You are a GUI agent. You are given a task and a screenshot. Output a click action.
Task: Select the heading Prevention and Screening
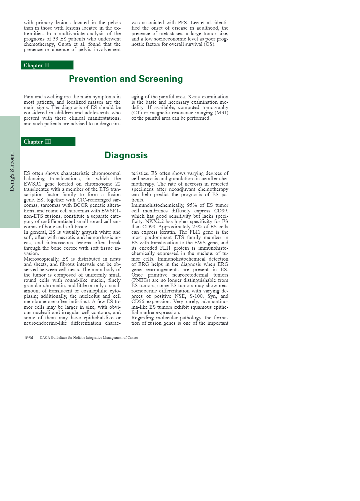[126, 79]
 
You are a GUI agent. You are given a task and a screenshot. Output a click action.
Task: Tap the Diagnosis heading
[126, 155]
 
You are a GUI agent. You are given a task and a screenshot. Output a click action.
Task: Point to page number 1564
[28, 338]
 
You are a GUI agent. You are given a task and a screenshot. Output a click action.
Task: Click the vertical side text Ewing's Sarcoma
[12, 172]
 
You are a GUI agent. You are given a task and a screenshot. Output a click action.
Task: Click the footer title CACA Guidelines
[89, 338]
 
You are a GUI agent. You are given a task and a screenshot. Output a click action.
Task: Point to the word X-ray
[194, 97]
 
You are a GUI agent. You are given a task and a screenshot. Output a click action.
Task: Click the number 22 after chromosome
[118, 184]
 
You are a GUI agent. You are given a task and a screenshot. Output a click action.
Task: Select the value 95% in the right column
[192, 205]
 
